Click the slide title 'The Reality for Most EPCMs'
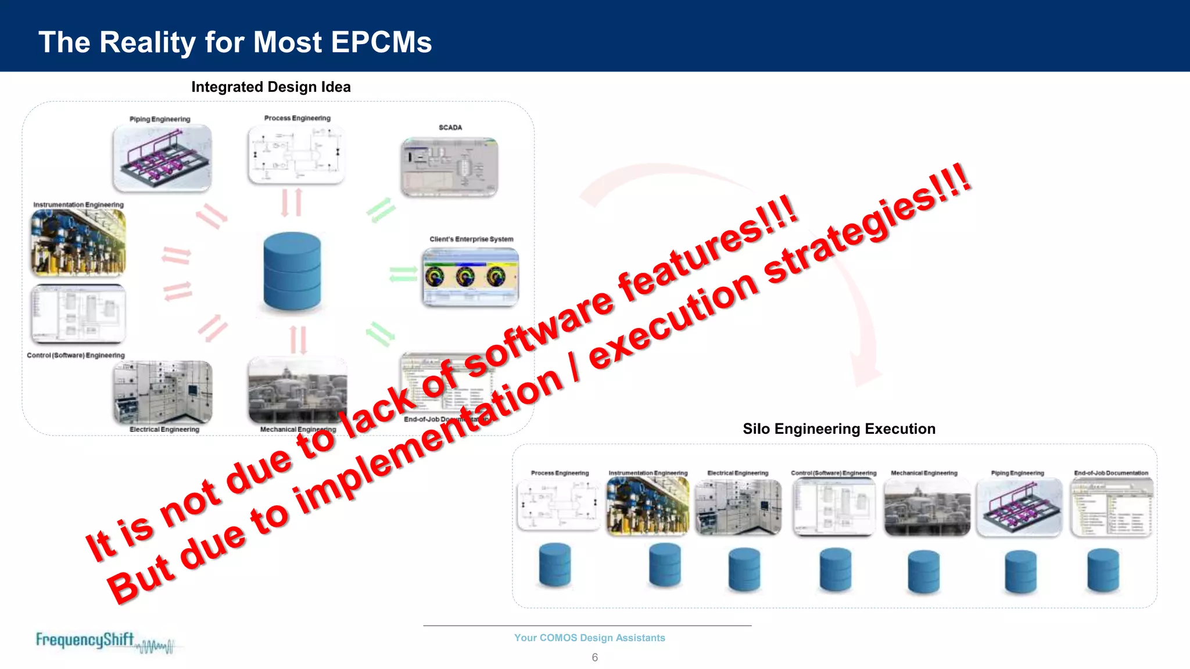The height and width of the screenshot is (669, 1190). click(235, 42)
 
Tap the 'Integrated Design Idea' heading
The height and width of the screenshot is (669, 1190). click(271, 87)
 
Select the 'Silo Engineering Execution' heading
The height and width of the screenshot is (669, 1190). click(838, 429)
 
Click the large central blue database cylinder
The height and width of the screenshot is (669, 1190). click(292, 271)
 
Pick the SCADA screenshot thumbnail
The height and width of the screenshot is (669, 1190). click(449, 167)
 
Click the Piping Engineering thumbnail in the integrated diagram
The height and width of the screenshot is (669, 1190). click(162, 157)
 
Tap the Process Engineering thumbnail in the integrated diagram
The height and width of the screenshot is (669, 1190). click(296, 154)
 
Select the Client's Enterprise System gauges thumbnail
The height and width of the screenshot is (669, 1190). click(470, 276)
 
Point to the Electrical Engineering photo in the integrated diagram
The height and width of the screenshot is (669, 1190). click(163, 393)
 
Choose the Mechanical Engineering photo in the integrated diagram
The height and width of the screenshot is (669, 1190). click(297, 390)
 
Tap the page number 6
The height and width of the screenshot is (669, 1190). click(594, 657)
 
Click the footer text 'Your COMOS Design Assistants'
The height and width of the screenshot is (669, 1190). click(589, 638)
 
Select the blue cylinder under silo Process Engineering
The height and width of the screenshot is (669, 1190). click(554, 564)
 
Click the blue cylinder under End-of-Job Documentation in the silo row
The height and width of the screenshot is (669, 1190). click(1102, 570)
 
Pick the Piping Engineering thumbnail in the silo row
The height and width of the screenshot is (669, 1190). click(1019, 506)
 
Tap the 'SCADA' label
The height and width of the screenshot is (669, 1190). click(450, 127)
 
